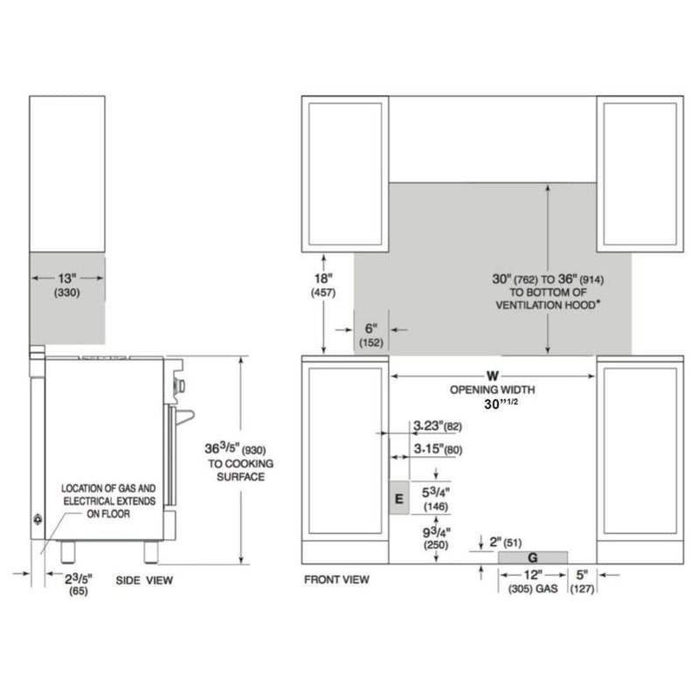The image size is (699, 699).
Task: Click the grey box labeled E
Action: pyautogui.click(x=398, y=499)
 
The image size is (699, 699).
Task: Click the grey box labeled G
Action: pyautogui.click(x=533, y=557)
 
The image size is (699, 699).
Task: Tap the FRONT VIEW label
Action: pyautogui.click(x=336, y=579)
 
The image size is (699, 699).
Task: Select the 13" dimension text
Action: pyautogui.click(x=68, y=278)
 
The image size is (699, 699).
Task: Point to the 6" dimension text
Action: pyautogui.click(x=370, y=329)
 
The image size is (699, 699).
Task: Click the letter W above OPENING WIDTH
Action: pyautogui.click(x=493, y=376)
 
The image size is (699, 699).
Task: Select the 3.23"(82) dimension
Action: pyautogui.click(x=437, y=426)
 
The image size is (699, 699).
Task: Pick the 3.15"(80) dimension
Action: pyautogui.click(x=437, y=450)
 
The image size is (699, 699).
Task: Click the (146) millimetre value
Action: pyautogui.click(x=436, y=506)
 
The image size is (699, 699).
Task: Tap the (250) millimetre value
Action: pyautogui.click(x=436, y=544)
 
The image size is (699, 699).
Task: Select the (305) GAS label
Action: pyautogui.click(x=533, y=590)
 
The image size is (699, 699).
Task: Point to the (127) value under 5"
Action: pyautogui.click(x=582, y=590)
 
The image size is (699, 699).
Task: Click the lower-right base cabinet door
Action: pyautogui.click(x=640, y=453)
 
